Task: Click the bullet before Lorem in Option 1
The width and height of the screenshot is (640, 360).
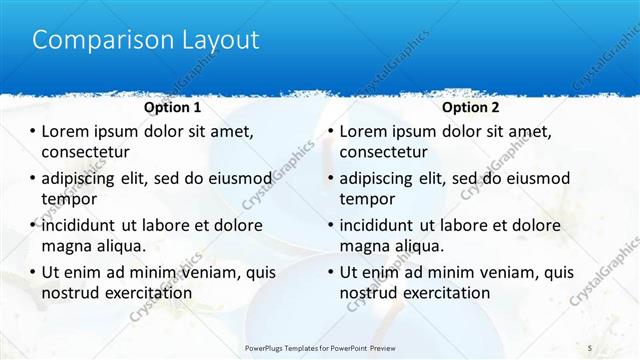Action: click(31, 131)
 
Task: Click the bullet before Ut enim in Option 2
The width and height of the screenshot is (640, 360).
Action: click(330, 272)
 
